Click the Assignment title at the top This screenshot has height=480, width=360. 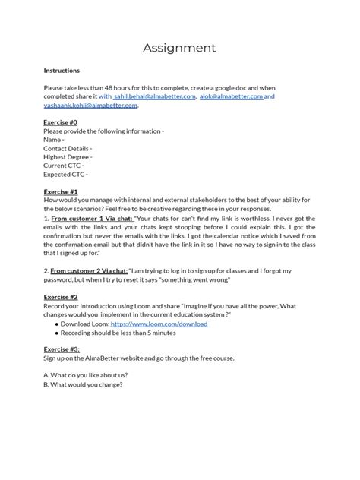coord(179,48)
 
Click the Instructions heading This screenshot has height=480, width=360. coord(62,71)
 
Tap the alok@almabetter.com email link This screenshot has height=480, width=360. coord(231,97)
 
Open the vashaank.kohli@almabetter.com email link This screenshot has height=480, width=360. coord(90,106)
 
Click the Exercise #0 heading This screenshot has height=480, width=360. coord(61,122)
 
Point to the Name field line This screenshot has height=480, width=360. coord(53,139)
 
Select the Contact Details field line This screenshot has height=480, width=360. coord(68,148)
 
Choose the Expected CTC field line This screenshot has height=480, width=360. coord(67,174)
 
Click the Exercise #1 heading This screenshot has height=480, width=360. coord(61,192)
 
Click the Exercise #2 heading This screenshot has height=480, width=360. coord(61,297)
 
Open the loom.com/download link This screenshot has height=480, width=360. coord(169,324)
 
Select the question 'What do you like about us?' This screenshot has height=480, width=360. coord(85,375)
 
